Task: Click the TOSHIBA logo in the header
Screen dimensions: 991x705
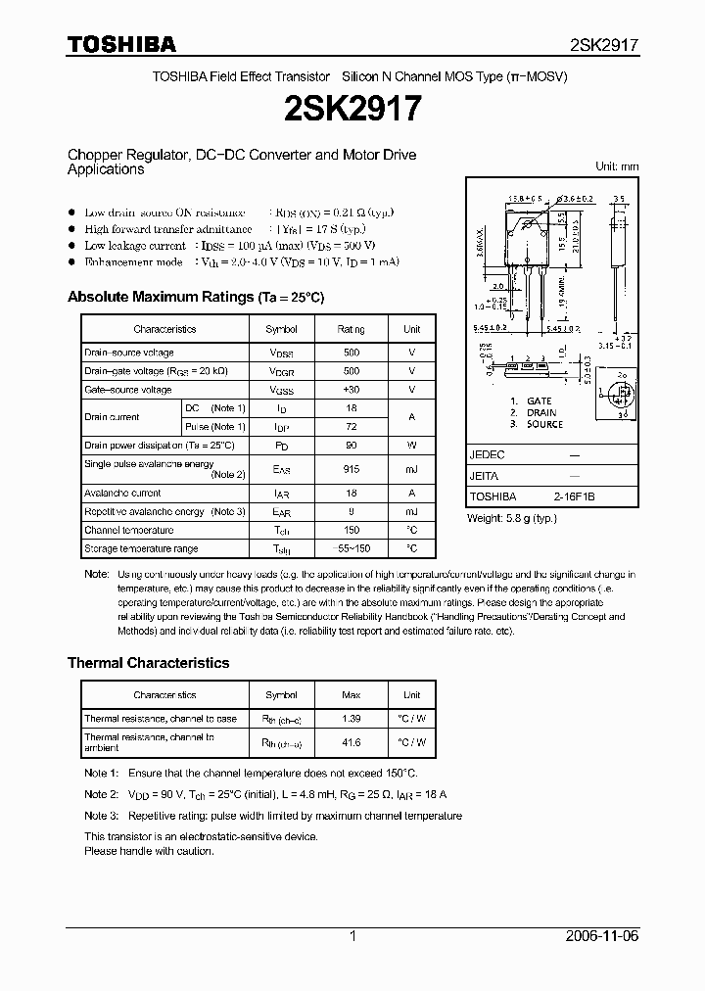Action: point(121,44)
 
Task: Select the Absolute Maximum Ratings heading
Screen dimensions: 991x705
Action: point(195,297)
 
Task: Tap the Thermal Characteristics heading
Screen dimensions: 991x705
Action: point(148,663)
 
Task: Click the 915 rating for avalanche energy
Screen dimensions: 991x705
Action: point(351,470)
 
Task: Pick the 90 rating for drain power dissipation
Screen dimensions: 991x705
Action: point(351,446)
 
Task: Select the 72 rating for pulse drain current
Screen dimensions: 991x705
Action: point(351,427)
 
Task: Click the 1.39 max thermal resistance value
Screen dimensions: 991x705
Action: point(351,719)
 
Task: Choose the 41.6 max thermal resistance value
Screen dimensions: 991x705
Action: point(351,742)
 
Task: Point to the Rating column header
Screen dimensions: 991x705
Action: point(351,330)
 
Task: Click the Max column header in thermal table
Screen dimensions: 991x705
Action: point(351,695)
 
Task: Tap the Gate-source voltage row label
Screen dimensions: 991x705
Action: point(128,390)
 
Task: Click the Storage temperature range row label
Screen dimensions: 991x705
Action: point(141,549)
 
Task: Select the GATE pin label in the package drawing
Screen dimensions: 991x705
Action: point(539,401)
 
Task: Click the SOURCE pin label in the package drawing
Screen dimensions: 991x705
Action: point(544,424)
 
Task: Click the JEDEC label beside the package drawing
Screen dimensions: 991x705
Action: point(488,455)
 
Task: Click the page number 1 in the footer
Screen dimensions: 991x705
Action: point(352,936)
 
